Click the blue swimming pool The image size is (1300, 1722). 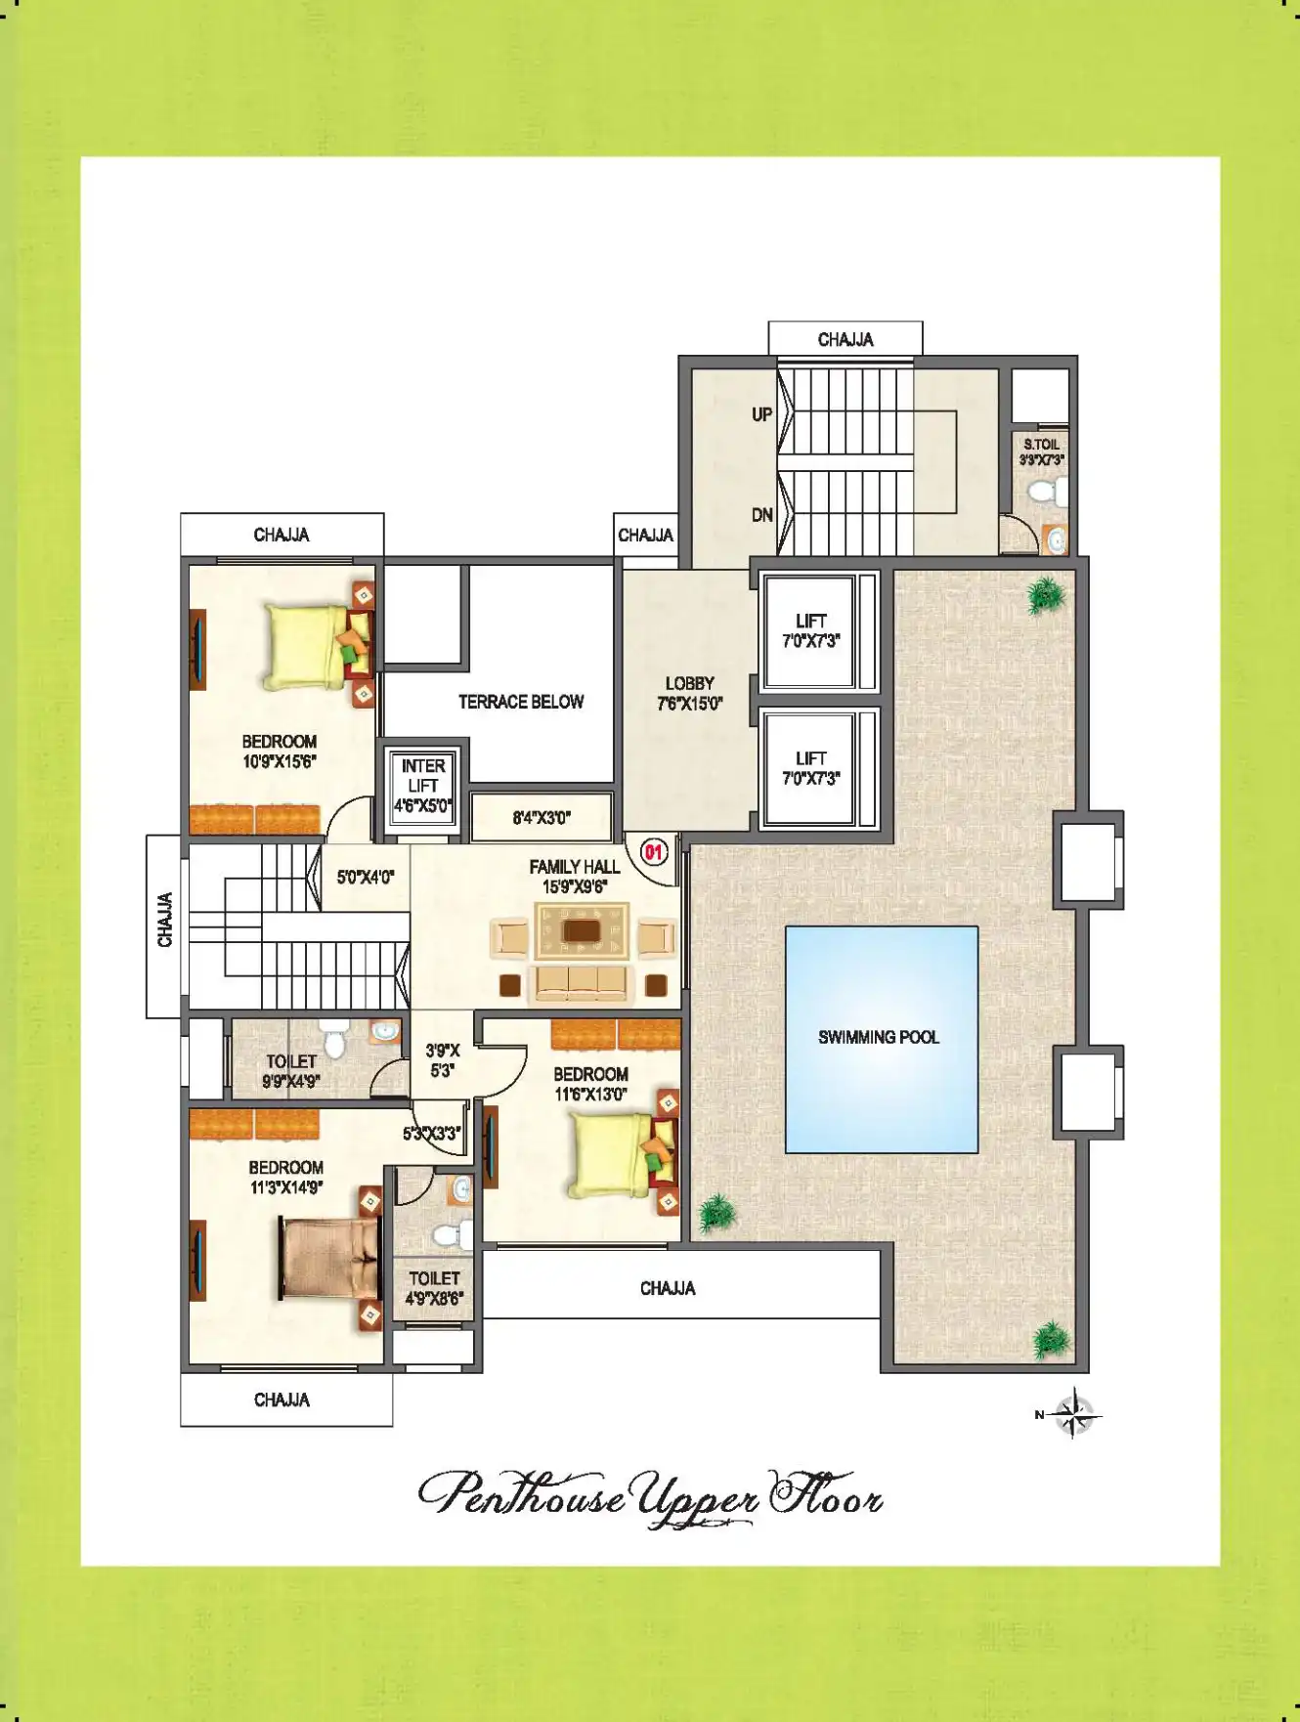pyautogui.click(x=882, y=1040)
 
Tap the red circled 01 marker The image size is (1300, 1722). pyautogui.click(x=653, y=852)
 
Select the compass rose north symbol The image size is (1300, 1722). pyautogui.click(x=1071, y=1413)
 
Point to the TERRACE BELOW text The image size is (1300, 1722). pyautogui.click(x=521, y=702)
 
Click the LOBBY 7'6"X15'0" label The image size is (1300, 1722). pyautogui.click(x=690, y=693)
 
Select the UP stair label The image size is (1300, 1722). pyautogui.click(x=762, y=414)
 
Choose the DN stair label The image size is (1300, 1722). pyautogui.click(x=762, y=515)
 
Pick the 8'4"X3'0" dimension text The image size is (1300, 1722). pyautogui.click(x=542, y=818)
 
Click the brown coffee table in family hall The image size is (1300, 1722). pyautogui.click(x=582, y=930)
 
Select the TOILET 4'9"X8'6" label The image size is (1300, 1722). pyautogui.click(x=434, y=1288)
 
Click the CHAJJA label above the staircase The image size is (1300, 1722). pyautogui.click(x=845, y=339)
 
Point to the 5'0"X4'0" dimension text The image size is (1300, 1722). pyautogui.click(x=366, y=878)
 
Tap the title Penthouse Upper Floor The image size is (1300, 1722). pyautogui.click(x=651, y=1497)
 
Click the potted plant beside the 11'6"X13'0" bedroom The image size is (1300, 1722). pyautogui.click(x=716, y=1213)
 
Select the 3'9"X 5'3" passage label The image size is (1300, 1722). pyautogui.click(x=443, y=1060)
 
